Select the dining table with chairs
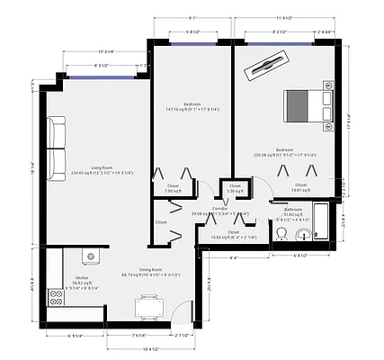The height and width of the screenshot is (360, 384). click(x=149, y=307)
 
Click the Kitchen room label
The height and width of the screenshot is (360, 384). click(x=82, y=277)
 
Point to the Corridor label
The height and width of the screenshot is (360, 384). click(x=219, y=208)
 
